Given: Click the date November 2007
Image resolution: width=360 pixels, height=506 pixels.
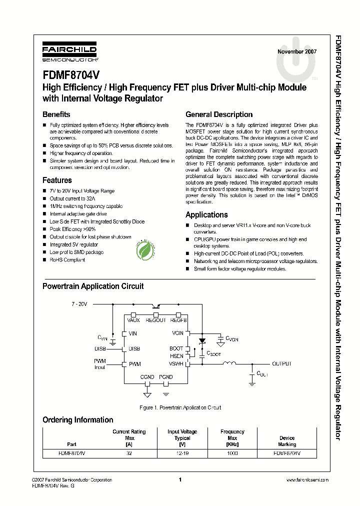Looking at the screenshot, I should [297, 51].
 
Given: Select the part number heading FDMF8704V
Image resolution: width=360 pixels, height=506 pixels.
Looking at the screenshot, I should [71, 74].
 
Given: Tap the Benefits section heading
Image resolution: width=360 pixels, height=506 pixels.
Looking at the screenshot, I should [56, 114].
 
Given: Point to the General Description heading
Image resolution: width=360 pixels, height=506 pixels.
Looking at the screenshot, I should [219, 114].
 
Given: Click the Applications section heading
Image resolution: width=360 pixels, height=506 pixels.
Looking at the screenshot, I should [206, 214].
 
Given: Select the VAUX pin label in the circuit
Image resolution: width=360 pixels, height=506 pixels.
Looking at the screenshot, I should [133, 320].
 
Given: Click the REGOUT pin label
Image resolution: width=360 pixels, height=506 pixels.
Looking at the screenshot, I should [156, 320].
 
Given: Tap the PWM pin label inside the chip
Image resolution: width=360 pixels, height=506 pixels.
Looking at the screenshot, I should [134, 364].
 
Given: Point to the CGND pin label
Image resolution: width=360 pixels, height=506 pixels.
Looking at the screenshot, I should [147, 377].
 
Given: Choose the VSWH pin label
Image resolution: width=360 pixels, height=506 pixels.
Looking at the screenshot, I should [176, 364].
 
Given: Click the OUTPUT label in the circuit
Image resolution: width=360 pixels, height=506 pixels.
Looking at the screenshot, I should [281, 364].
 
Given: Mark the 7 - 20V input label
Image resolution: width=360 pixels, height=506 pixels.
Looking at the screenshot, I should [78, 304].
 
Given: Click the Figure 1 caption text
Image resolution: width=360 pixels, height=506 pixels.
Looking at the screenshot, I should [180, 407].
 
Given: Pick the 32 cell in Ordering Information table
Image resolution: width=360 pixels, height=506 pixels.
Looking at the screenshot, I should [129, 453].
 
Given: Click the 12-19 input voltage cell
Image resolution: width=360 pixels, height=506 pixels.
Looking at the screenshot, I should [182, 453].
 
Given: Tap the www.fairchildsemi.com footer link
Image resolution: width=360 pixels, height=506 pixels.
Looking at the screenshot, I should [307, 479].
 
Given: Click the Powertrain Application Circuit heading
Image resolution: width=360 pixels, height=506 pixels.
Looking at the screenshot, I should [93, 286].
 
